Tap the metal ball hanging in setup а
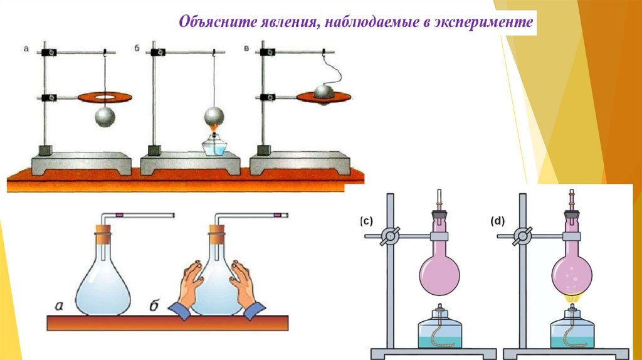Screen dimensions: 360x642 [x=105, y=117]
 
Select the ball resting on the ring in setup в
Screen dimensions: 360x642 [x=324, y=92]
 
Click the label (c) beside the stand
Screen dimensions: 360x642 [x=366, y=221]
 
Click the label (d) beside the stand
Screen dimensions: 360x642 [x=498, y=221]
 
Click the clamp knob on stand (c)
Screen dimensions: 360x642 [x=391, y=236]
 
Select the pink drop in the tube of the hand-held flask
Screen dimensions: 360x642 [x=276, y=215]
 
